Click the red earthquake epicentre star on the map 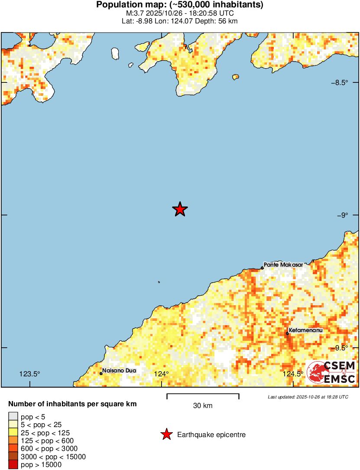180,209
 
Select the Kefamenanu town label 306,330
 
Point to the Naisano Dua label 119,371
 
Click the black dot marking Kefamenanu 287,333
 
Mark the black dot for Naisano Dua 101,373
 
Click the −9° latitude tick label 342,215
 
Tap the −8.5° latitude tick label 339,82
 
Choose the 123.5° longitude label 29,374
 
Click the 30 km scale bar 203,395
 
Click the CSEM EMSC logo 331,372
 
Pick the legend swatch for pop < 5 13,417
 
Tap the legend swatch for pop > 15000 13,464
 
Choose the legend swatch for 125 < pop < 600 13,441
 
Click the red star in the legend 166,434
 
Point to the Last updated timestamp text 308,397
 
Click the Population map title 180,5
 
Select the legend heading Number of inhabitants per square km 72,404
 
